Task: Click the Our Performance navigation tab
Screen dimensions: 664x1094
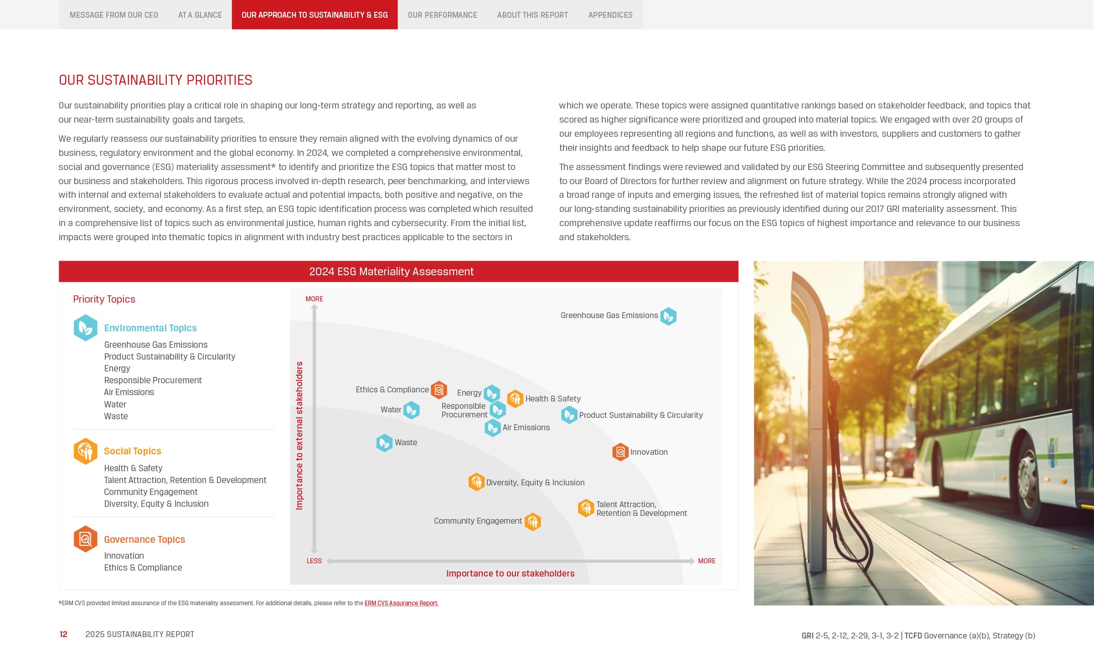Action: [x=442, y=15]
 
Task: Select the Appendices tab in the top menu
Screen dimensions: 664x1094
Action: [x=610, y=15]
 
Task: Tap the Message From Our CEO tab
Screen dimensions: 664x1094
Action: [x=114, y=15]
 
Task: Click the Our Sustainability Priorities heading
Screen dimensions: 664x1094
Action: [x=155, y=80]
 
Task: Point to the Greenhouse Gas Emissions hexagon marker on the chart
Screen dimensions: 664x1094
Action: [x=668, y=316]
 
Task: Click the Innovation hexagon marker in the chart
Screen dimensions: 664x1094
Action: [x=620, y=452]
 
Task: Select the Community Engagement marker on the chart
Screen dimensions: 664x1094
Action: [x=532, y=522]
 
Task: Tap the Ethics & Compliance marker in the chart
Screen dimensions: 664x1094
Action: [x=439, y=390]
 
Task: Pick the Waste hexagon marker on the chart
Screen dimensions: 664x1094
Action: [x=384, y=443]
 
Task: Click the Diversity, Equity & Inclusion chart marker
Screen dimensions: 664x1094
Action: [x=476, y=482]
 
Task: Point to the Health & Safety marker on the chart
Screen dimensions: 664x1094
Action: [x=515, y=399]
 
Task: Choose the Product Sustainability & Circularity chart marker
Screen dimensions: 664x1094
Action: [x=569, y=415]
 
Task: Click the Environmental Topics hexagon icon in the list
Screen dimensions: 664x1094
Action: [x=86, y=328]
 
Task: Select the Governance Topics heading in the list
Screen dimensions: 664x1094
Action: [x=144, y=540]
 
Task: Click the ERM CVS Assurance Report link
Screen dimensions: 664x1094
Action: [x=401, y=603]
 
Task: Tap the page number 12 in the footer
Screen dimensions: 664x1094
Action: [x=63, y=634]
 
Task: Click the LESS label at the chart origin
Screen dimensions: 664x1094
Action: [x=314, y=561]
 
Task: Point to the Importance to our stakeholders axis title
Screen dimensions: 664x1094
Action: [x=510, y=574]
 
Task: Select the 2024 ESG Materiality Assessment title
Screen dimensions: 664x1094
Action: [x=391, y=272]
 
